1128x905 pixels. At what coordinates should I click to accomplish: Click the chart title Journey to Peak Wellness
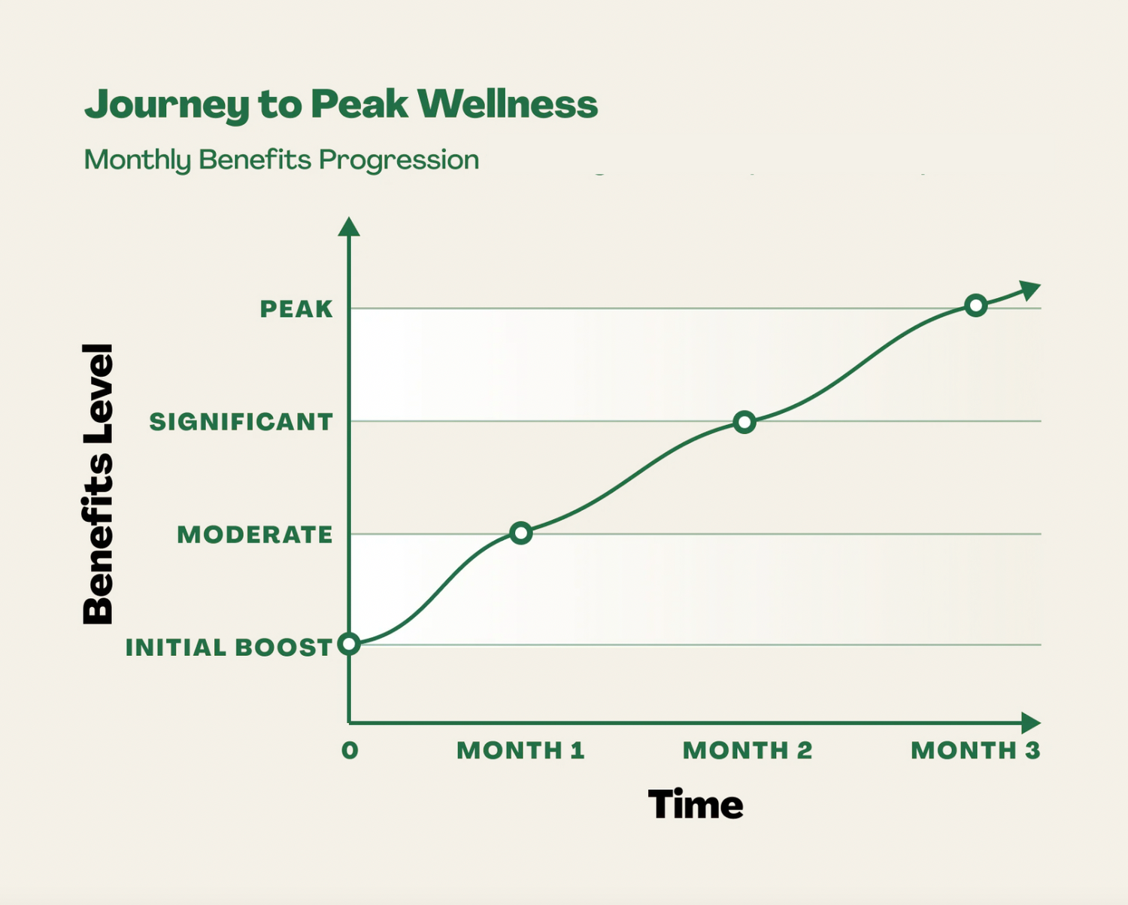(341, 104)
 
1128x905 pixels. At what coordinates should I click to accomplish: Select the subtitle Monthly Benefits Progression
(281, 159)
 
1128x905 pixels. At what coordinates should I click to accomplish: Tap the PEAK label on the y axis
(296, 309)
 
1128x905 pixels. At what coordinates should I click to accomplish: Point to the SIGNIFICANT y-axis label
(241, 422)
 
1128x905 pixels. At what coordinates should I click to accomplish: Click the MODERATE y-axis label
(255, 535)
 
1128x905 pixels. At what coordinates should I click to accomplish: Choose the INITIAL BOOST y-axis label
(229, 647)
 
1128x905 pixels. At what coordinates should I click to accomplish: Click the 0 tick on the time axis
(350, 750)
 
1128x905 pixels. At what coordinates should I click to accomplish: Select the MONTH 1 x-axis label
(520, 750)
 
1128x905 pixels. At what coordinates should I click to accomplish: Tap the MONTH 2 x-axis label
(747, 750)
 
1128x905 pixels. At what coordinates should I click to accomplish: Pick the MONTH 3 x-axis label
(975, 750)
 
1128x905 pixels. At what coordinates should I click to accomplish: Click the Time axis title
(696, 804)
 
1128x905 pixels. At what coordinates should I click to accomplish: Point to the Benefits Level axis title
(99, 484)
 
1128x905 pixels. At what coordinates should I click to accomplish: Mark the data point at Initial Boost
(349, 644)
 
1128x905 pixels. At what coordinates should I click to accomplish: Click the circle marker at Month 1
(521, 533)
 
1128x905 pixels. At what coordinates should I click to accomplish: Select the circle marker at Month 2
(744, 422)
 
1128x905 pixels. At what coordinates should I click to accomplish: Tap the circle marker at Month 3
(976, 305)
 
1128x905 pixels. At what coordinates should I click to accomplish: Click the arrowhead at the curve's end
(1030, 290)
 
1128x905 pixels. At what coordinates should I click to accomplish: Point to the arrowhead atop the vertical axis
(349, 227)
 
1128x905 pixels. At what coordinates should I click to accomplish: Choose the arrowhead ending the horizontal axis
(1031, 723)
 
